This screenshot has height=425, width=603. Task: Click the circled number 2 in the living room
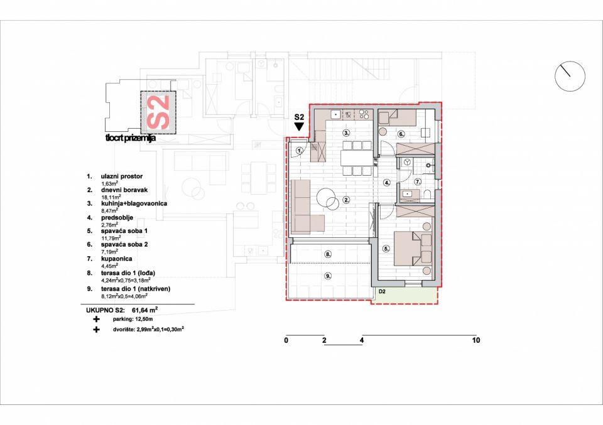pos(347,200)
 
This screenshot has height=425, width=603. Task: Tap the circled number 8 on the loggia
pos(328,254)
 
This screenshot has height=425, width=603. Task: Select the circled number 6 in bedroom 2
pos(401,134)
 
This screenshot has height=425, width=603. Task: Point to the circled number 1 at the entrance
pos(300,151)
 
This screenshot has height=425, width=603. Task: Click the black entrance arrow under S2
pos(299,126)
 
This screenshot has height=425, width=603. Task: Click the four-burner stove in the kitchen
pos(364,114)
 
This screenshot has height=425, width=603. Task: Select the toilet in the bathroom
pos(427,194)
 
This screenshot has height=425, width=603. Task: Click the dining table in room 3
pos(357,158)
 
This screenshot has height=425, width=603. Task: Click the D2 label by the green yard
pos(382,292)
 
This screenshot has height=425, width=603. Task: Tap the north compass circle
pos(570,76)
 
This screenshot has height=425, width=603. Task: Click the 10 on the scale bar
pos(476,340)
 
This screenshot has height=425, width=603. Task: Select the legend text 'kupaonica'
pos(117,259)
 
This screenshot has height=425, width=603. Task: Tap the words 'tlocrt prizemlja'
pos(131,138)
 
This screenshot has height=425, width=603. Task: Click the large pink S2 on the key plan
pos(158,112)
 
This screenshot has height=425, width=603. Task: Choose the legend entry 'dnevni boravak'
pos(124,190)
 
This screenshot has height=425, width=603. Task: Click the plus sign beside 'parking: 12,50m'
pos(96,320)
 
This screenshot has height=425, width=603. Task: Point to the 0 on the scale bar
pos(286,340)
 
